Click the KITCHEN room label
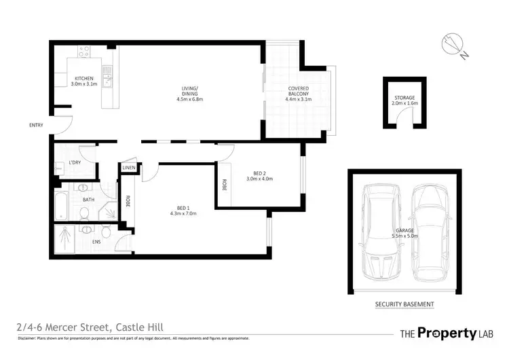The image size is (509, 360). click(x=85, y=81)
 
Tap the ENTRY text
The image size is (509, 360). click(x=36, y=126)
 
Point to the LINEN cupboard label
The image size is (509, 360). click(x=129, y=168)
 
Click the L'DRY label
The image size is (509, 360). click(x=75, y=162)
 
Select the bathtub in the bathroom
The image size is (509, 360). click(x=62, y=204)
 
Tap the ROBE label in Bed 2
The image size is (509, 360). click(x=223, y=184)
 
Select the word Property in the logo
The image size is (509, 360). click(x=445, y=333)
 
